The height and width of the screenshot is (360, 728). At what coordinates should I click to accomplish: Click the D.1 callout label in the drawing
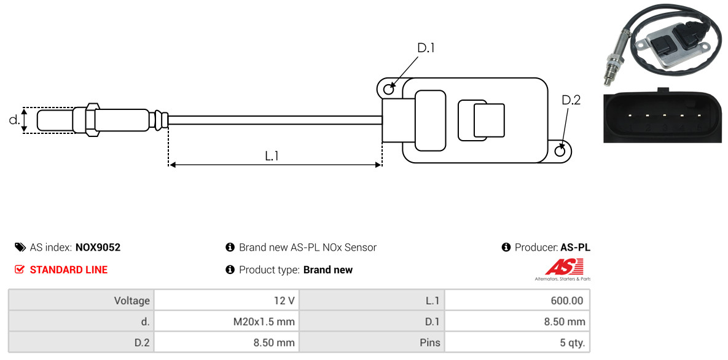426,48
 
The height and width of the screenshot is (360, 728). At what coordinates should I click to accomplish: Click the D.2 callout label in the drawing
571,100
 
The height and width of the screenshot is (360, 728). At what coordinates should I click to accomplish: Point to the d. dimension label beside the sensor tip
14,120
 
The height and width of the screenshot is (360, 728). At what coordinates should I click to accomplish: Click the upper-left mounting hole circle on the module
389,87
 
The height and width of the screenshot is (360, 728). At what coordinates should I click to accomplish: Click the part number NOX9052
98,248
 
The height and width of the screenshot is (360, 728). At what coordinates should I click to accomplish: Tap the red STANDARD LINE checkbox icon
20,270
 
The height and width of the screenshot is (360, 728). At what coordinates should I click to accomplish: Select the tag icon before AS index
20,247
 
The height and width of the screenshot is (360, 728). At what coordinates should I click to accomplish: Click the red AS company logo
563,270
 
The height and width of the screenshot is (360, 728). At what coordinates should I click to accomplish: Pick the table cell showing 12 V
227,300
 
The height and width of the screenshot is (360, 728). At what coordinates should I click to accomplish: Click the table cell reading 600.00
517,300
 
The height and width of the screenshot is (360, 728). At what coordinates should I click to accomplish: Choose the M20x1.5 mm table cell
227,321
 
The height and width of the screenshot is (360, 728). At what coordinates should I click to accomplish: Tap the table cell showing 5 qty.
517,343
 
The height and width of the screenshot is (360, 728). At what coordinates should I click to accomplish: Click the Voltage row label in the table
81,300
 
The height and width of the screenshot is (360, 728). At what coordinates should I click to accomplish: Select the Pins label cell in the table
372,343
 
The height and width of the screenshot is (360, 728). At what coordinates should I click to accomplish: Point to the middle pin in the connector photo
665,114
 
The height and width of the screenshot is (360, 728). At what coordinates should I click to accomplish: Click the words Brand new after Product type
328,270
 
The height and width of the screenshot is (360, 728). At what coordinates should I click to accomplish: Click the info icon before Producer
506,247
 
